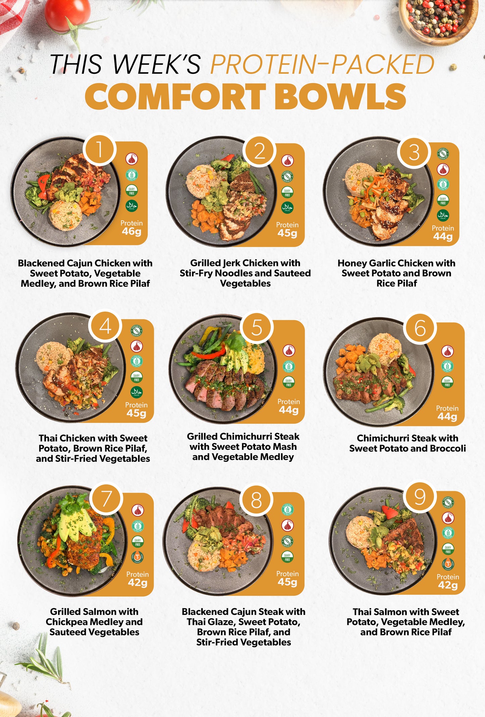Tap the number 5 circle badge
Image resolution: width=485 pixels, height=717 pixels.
click(257, 328)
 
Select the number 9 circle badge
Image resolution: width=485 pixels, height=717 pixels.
click(420, 497)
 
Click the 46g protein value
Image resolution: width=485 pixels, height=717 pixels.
click(131, 231)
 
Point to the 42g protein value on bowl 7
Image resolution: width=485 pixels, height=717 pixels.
click(137, 582)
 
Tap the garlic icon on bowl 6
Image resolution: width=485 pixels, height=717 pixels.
click(447, 351)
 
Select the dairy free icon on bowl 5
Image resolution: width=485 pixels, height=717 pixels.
click(289, 382)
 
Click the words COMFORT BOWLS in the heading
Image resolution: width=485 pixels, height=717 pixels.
click(245, 96)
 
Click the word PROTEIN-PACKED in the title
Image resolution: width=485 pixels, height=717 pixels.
click(322, 64)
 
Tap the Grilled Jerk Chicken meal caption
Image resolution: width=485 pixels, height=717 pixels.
click(245, 273)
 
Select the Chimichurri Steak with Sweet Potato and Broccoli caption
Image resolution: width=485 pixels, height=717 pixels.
click(407, 443)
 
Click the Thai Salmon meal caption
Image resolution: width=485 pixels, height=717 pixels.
click(406, 622)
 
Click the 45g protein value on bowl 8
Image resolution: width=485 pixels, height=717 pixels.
click(287, 582)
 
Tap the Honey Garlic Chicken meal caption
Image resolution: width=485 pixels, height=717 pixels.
click(396, 273)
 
